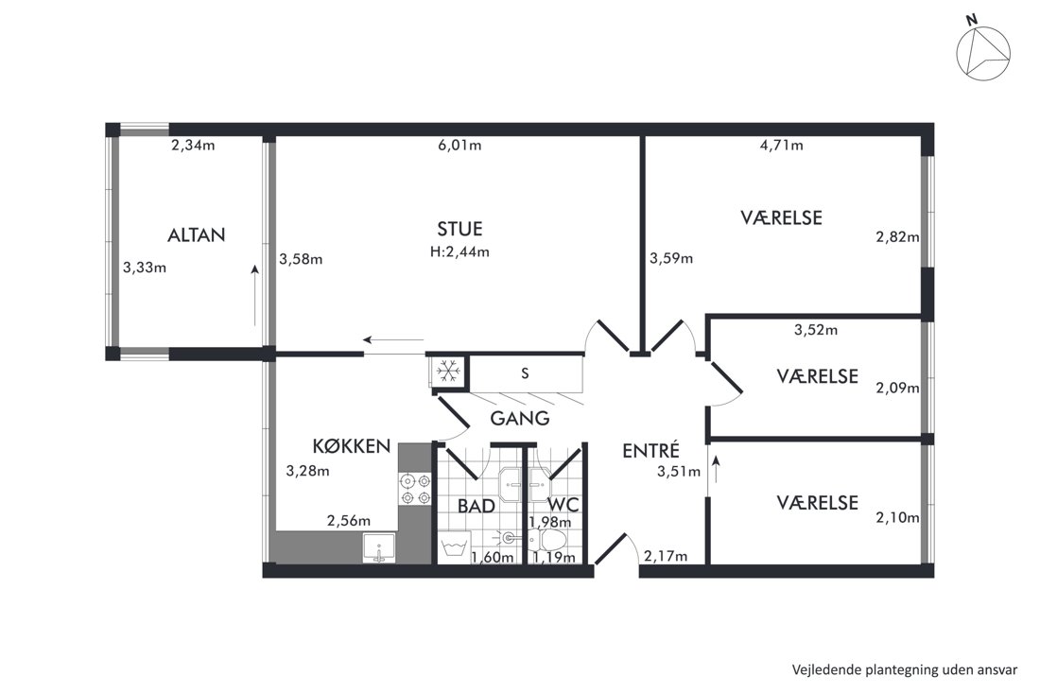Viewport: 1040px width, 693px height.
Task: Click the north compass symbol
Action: tap(983, 53)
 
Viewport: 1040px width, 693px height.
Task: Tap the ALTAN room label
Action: tap(197, 234)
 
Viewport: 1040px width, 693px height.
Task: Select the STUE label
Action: tap(459, 229)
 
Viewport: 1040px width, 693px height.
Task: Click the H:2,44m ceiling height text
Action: tap(459, 252)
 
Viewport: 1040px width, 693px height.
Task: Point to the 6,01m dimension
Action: tap(459, 146)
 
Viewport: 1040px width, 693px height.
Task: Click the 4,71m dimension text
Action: tap(781, 146)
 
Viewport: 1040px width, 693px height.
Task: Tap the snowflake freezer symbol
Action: tap(448, 371)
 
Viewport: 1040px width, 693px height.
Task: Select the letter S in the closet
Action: tap(525, 373)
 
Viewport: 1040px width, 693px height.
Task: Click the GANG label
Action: tap(520, 419)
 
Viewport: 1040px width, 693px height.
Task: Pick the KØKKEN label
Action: tap(352, 446)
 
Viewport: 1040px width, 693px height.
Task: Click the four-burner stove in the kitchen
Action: tap(414, 489)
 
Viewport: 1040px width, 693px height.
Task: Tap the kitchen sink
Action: tap(379, 548)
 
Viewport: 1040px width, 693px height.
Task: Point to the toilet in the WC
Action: tap(548, 539)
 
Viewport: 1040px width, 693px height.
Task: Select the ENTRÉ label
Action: tap(651, 450)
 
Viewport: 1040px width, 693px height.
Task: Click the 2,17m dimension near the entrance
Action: tap(666, 557)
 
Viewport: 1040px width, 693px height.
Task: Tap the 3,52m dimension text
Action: tap(816, 330)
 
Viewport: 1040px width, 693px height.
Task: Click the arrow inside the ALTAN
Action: tap(254, 296)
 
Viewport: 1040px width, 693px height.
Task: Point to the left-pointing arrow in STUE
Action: tap(393, 340)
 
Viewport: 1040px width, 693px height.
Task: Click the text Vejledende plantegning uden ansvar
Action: tap(905, 669)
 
